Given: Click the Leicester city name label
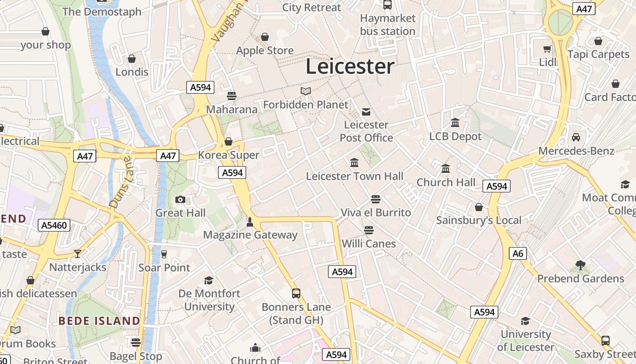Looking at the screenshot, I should point(350,66).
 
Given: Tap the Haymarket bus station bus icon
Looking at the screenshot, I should point(388,5).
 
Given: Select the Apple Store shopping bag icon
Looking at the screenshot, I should point(265,37).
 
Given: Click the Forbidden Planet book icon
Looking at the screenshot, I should point(306,91).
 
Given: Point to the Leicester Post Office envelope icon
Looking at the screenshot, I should point(366,111).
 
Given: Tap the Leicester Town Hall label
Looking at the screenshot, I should point(354,176).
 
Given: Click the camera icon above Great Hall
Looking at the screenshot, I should point(180,200).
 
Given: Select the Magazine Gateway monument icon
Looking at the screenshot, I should point(249,222).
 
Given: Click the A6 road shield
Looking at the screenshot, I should point(518,253).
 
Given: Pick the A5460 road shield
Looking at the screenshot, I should point(54,225).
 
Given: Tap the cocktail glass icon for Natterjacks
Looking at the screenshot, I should point(78,254).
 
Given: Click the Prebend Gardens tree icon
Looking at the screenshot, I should point(581,265).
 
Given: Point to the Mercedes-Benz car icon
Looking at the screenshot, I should point(576,137).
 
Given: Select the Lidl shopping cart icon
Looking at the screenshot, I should point(547,49).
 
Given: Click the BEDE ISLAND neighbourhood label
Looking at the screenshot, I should point(99,321).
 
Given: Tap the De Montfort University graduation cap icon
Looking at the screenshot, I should point(209,280).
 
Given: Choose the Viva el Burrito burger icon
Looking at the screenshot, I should point(376,199).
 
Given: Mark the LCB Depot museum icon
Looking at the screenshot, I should point(455,123).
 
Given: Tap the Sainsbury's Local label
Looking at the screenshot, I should point(479,221).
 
